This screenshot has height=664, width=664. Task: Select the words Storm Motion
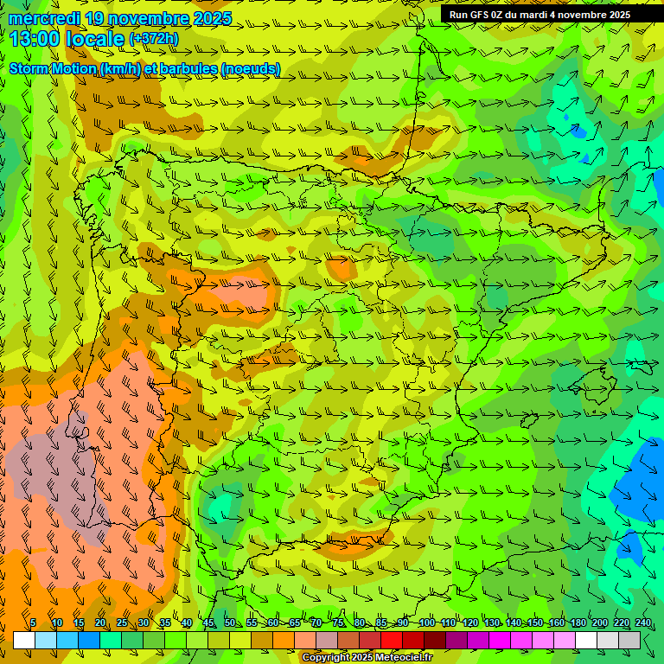click(x=52, y=68)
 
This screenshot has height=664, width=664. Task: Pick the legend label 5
click(x=33, y=622)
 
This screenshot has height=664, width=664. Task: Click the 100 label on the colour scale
click(x=426, y=622)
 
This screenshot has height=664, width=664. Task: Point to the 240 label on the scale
click(x=642, y=622)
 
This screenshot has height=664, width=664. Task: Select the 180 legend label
click(x=578, y=622)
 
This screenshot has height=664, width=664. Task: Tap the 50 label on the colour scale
click(x=230, y=622)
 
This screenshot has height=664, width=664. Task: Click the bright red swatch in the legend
click(x=392, y=640)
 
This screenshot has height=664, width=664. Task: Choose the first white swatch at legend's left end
click(x=24, y=640)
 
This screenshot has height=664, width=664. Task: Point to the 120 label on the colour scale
click(x=469, y=622)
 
